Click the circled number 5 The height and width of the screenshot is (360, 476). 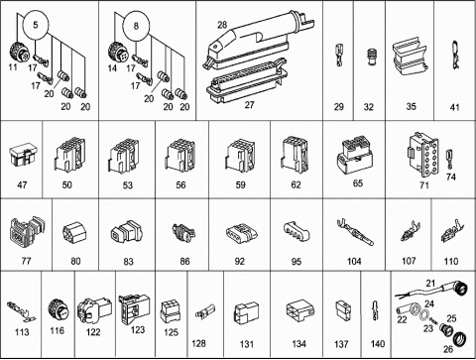click(x=36, y=25)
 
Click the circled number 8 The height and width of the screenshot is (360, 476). click(x=136, y=26)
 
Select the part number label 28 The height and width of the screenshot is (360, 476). click(x=222, y=25)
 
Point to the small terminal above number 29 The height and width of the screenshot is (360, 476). click(x=339, y=56)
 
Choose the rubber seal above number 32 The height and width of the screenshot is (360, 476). click(x=371, y=58)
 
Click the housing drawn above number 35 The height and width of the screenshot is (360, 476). click(x=410, y=57)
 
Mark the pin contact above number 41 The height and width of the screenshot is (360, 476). click(x=455, y=55)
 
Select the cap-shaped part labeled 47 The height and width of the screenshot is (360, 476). click(x=23, y=156)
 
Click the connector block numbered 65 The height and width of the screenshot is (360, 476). click(x=354, y=156)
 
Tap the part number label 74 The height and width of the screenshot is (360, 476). click(x=450, y=177)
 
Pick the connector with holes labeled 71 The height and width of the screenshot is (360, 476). click(x=422, y=155)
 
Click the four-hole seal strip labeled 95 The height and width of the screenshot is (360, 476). click(x=296, y=231)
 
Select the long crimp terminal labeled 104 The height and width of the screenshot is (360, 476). click(x=355, y=232)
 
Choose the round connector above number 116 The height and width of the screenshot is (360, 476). click(x=59, y=311)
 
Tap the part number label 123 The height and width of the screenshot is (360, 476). click(x=137, y=329)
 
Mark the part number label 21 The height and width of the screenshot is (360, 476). click(x=430, y=283)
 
